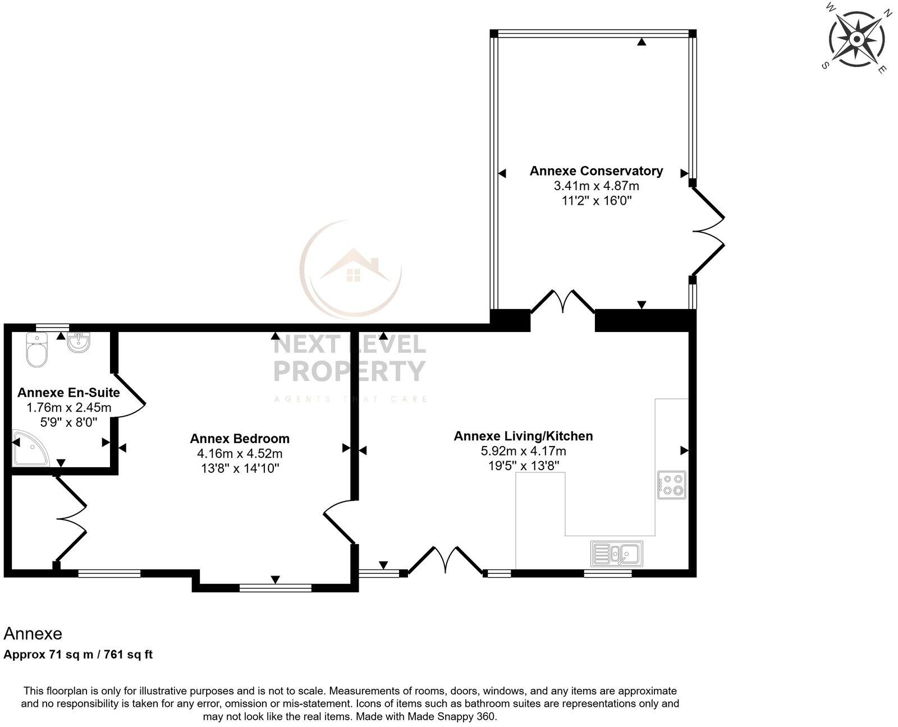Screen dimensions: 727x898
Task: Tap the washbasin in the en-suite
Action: click(78, 342)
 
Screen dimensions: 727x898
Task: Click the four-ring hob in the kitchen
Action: click(672, 485)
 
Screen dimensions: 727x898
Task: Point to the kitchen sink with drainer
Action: click(617, 554)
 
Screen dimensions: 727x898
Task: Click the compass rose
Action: click(856, 39)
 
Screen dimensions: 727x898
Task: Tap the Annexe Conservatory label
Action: click(596, 171)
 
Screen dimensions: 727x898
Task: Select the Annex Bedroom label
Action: click(240, 439)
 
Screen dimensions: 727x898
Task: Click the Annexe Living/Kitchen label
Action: click(523, 436)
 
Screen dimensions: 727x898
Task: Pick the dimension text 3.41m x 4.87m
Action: click(596, 186)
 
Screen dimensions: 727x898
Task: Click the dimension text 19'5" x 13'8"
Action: click(523, 466)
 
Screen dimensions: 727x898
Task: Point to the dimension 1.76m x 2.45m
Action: click(69, 408)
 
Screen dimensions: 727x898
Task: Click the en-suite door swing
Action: click(130, 395)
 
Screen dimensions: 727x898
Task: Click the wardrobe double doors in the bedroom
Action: click(71, 519)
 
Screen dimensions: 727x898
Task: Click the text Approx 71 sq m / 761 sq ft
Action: click(78, 654)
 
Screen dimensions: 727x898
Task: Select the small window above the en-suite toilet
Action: click(52, 326)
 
